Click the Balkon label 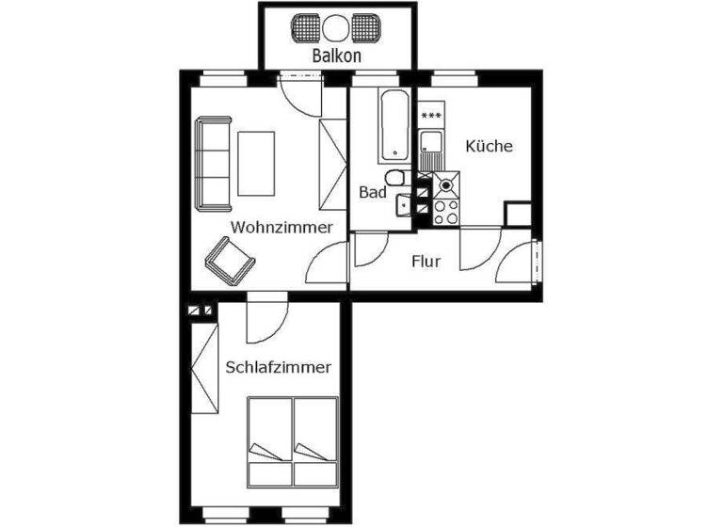tap(336, 56)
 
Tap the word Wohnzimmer tap(281, 227)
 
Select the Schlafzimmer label tap(279, 368)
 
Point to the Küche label tap(489, 146)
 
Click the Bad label tap(373, 192)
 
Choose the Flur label tap(426, 261)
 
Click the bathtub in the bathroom tap(394, 126)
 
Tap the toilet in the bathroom tap(398, 178)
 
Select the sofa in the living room tap(214, 163)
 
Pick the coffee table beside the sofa tap(256, 163)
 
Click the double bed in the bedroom tap(292, 439)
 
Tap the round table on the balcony tap(336, 25)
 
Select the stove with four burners tap(445, 210)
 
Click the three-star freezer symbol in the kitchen tap(431, 116)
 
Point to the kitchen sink tap(431, 146)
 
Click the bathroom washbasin tap(404, 202)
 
